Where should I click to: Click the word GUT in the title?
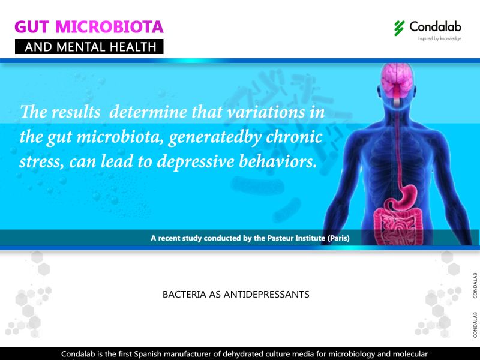pos(32,26)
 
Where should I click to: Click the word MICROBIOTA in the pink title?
pos(109,26)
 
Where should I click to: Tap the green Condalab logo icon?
pos(399,28)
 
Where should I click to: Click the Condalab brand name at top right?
pos(436,26)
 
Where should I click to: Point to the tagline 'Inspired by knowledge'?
pos(439,38)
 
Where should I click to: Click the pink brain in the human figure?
pos(397,80)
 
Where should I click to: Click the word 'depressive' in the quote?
pos(196,162)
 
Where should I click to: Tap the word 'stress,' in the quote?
pos(41,162)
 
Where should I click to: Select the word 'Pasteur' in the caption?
pos(280,238)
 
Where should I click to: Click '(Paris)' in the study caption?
pos(338,238)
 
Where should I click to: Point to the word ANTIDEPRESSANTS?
pos(266,295)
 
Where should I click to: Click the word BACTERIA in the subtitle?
pos(184,295)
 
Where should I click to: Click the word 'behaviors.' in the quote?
pos(277,161)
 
